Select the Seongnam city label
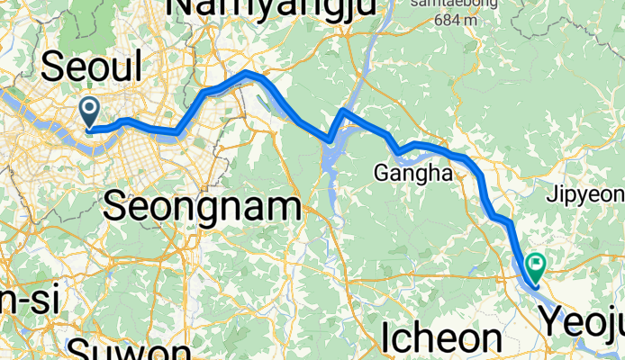pyautogui.click(x=202, y=206)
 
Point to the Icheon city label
pyautogui.click(x=441, y=337)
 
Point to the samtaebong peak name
pyautogui.click(x=442, y=4)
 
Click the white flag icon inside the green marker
pyautogui.click(x=538, y=264)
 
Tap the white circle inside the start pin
pyautogui.click(x=90, y=109)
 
